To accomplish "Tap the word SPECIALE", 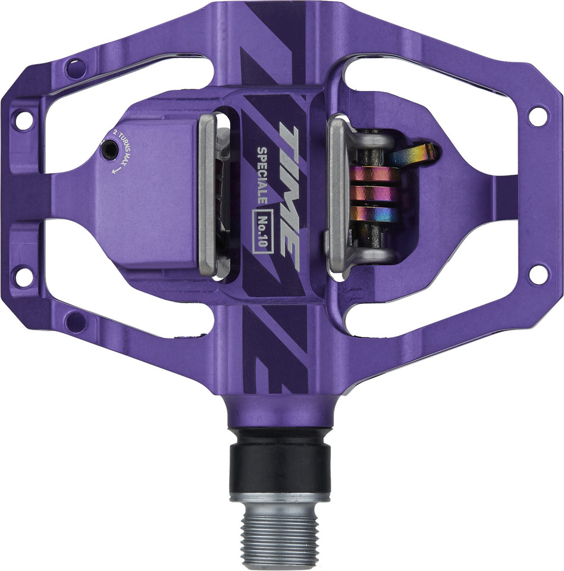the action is [x=262, y=175].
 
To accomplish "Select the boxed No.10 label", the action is [x=263, y=231].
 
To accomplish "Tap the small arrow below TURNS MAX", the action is [x=116, y=169].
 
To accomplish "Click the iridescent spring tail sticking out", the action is [x=413, y=153].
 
